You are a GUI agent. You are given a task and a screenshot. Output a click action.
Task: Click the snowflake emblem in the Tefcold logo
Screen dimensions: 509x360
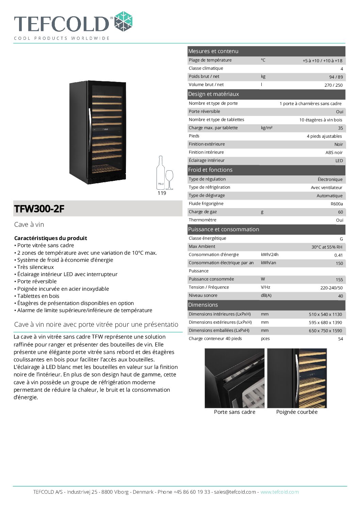coord(123,21)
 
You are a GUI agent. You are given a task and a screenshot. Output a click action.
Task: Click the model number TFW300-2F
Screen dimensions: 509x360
coord(39,209)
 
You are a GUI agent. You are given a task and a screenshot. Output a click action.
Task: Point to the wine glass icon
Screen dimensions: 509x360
coord(169,179)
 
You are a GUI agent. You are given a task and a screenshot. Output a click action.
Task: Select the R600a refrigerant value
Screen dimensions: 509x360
coord(337,204)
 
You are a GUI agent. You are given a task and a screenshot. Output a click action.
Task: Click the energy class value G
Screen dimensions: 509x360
coord(341,239)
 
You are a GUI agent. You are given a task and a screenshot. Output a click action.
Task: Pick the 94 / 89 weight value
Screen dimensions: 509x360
coord(336,77)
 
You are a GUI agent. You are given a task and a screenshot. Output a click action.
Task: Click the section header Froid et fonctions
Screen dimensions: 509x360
coord(210,170)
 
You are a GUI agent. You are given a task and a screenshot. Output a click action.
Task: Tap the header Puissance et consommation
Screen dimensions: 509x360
coord(224,230)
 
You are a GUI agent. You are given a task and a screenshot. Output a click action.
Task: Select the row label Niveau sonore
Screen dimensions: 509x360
coord(203,295)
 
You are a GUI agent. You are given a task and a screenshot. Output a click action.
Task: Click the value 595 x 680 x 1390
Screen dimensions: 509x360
coord(325,323)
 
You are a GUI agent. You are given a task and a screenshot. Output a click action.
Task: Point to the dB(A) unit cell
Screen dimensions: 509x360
coord(266,295)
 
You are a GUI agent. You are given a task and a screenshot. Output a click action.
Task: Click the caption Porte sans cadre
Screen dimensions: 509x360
coord(234,412)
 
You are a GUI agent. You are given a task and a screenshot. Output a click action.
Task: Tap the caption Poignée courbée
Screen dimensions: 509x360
coord(297,412)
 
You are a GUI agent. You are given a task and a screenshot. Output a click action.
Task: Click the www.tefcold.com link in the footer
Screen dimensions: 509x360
coord(279,492)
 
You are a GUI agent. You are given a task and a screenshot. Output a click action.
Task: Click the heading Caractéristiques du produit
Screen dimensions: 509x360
coord(51,238)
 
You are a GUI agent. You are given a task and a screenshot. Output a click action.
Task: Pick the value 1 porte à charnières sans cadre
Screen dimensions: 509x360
coord(310,104)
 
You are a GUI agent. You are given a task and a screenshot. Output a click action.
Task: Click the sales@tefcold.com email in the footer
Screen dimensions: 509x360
coord(235,492)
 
